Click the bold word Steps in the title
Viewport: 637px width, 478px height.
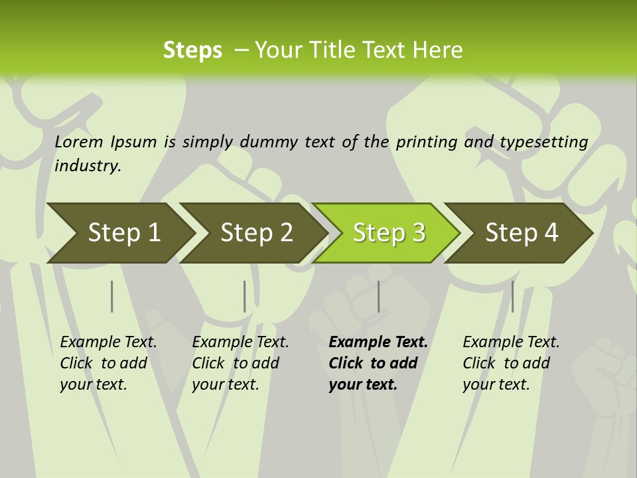pos(192,50)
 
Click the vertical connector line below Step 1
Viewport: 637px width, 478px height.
pos(111,296)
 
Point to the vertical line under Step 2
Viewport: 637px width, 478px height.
pos(244,296)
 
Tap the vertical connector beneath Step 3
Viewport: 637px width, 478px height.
pos(378,296)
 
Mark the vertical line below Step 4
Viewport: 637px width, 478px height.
pos(512,296)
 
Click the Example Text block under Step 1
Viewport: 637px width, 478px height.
pos(108,363)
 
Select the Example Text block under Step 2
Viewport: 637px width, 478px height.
pos(240,363)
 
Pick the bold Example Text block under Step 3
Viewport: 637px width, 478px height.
pos(378,363)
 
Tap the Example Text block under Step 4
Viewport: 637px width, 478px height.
pos(511,363)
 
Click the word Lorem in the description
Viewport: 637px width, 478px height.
pos(79,142)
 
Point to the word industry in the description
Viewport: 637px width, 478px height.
pos(88,166)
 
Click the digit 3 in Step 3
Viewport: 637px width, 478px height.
pos(417,233)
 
